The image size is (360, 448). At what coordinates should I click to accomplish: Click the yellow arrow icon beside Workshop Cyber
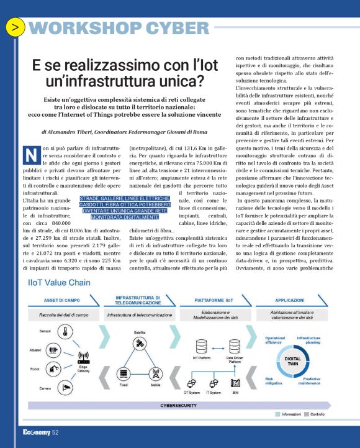click(15, 27)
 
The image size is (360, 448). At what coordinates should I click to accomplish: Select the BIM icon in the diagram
click(235, 383)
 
